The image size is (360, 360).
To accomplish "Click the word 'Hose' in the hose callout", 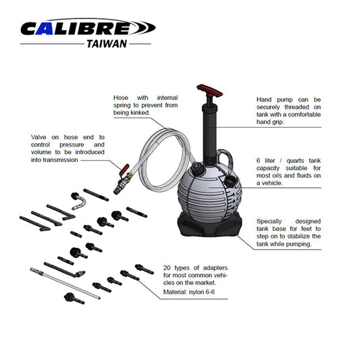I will click(121, 99).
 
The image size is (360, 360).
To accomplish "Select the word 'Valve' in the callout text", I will click(39, 136).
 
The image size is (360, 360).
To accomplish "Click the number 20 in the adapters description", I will click(167, 267).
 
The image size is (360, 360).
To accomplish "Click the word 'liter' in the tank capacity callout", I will click(273, 160).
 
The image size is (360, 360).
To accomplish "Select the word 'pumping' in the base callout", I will click(298, 245).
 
